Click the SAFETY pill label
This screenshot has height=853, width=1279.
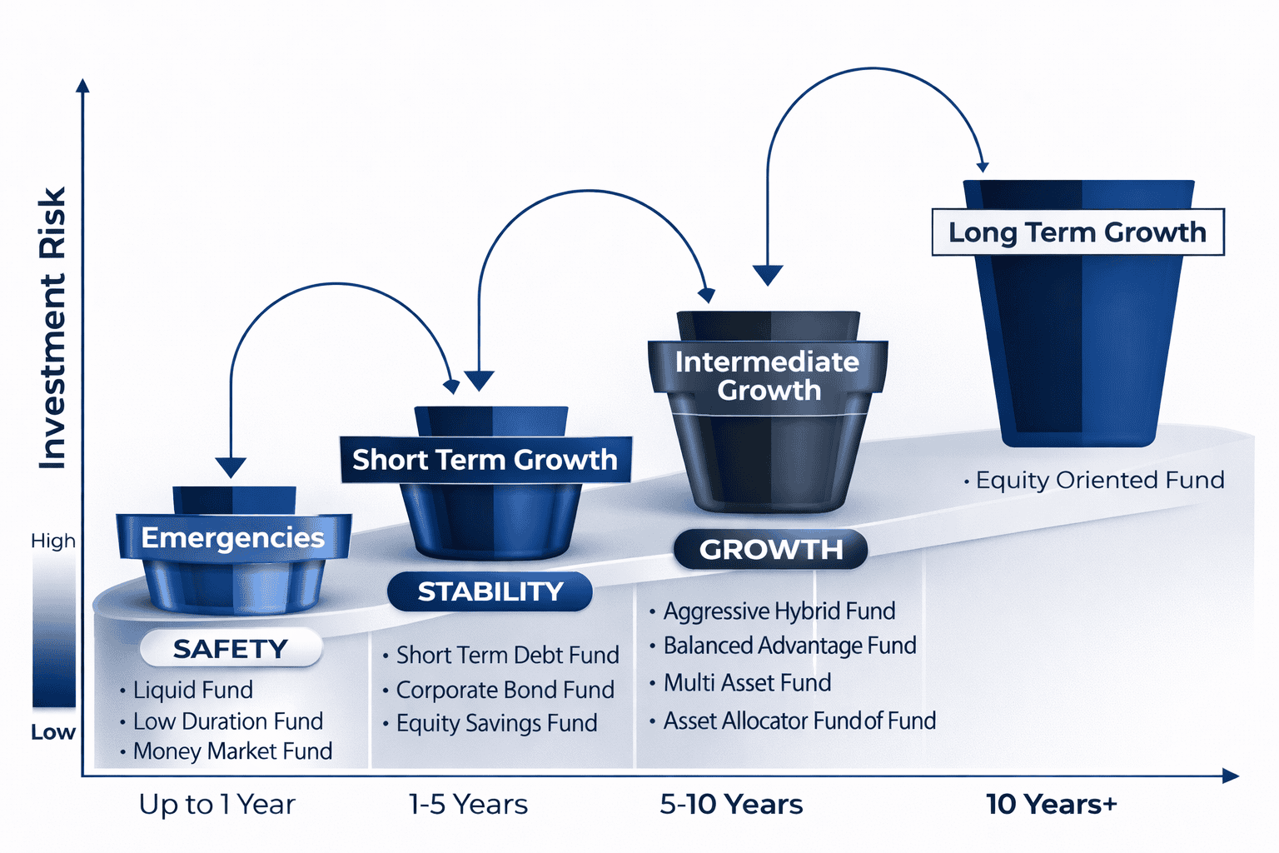click(231, 648)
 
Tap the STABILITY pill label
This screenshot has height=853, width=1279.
click(490, 591)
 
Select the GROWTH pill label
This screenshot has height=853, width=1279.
click(770, 550)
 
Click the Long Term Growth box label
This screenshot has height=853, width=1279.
click(1077, 232)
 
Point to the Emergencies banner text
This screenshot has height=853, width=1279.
click(233, 537)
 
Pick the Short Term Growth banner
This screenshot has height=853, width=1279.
click(485, 460)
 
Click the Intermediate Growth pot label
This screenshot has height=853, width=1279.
click(768, 376)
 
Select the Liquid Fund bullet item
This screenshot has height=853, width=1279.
click(192, 690)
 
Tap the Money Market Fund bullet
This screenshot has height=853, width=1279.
click(232, 751)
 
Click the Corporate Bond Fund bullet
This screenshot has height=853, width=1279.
click(505, 690)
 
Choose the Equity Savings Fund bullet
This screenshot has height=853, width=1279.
click(496, 723)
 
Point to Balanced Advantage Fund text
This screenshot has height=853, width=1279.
click(789, 646)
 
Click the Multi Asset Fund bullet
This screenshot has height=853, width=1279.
click(747, 683)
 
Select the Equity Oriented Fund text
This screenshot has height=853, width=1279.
click(1099, 480)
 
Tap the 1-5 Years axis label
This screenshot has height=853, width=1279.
click(468, 805)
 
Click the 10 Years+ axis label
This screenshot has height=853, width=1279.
click(1051, 805)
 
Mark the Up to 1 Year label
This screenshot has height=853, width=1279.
click(216, 805)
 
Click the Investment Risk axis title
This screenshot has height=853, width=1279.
click(52, 328)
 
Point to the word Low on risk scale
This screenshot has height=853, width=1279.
click(53, 732)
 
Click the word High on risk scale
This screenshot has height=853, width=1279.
click(53, 541)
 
